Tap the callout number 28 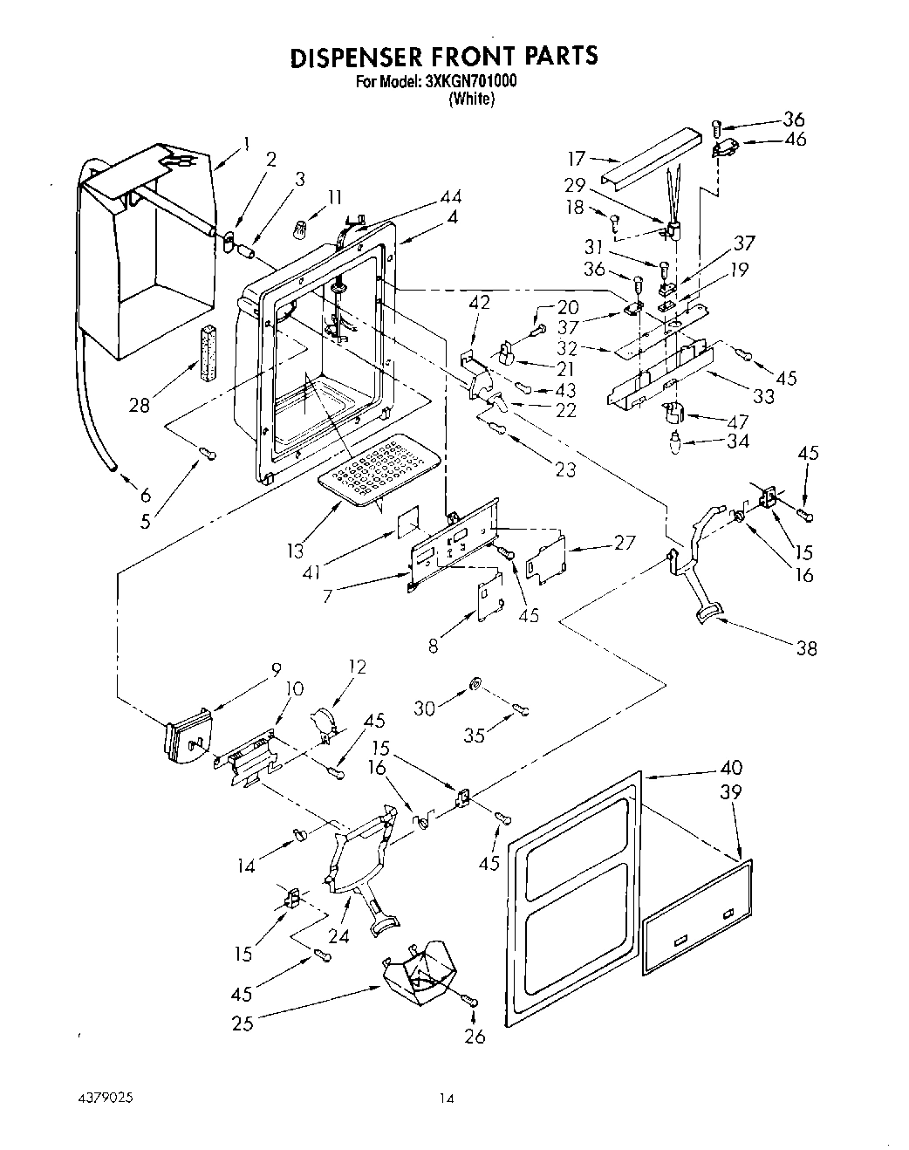(x=139, y=404)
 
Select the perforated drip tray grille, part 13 (x=378, y=468)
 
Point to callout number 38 (x=807, y=648)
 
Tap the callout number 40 (x=731, y=768)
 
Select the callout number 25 (x=242, y=1023)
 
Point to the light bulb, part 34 (x=674, y=439)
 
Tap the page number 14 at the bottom (x=448, y=1099)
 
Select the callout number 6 (x=146, y=494)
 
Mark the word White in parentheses (x=471, y=99)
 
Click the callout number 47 (x=739, y=421)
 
